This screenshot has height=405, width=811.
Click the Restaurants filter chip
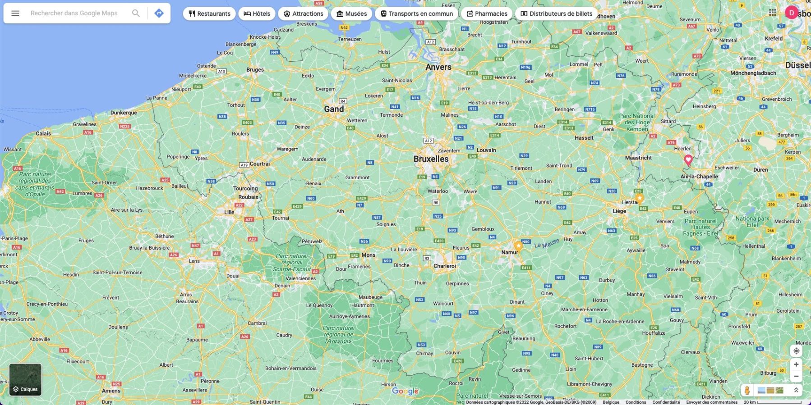coord(209,14)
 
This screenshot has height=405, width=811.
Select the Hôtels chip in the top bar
coord(257,14)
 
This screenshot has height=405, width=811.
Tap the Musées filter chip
coord(351,14)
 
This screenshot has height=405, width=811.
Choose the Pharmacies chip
coord(487,14)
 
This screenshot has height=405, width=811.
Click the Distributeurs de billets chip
coord(556,14)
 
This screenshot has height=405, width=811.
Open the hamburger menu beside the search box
coord(15,13)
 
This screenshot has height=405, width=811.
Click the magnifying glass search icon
coord(136,13)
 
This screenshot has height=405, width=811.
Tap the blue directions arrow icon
coord(159,13)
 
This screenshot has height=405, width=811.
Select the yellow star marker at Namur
coord(519,246)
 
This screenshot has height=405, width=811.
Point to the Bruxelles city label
coord(431,159)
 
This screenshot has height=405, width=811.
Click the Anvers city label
coord(438,67)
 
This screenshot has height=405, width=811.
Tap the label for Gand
coord(334,109)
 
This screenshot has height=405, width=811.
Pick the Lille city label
coord(229,212)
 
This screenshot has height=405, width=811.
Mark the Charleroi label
coord(445,266)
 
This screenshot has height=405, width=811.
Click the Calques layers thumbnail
coord(25,380)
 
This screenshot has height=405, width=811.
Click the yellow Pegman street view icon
coord(747,390)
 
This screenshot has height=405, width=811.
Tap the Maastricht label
coord(638,158)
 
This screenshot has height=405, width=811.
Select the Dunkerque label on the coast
coord(124,113)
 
